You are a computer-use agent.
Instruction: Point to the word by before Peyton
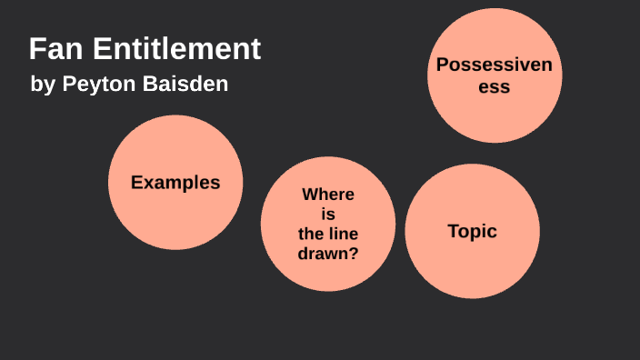point(42,85)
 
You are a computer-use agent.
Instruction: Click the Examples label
point(175,182)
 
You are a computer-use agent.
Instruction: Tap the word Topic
point(472,231)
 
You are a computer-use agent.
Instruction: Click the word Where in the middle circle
point(328,195)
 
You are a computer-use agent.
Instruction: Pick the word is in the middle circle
point(328,214)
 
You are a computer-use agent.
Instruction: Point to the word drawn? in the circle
point(328,254)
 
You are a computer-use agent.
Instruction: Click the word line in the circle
point(343,234)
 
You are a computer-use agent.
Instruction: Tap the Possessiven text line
point(495,65)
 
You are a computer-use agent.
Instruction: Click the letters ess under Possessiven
point(495,87)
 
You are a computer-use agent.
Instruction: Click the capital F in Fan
point(36,49)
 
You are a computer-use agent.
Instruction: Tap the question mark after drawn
point(353,254)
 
